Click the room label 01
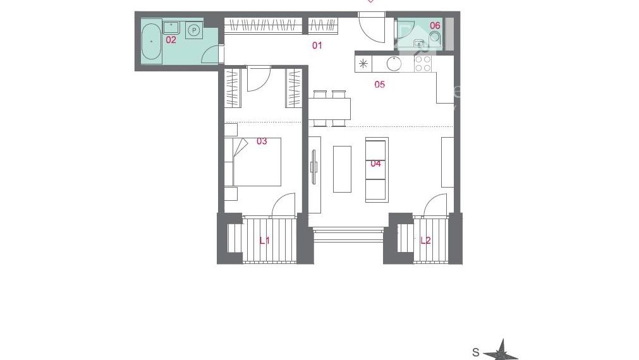click(x=317, y=45)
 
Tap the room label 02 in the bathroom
click(x=171, y=40)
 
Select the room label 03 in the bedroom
click(x=262, y=141)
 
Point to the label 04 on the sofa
click(x=375, y=164)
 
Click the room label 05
click(x=379, y=84)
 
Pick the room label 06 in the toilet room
click(x=435, y=25)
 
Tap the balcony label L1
click(x=264, y=240)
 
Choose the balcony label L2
click(x=425, y=240)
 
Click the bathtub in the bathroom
click(x=152, y=42)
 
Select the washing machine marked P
click(x=194, y=30)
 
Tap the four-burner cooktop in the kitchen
click(x=423, y=64)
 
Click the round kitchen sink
click(x=394, y=64)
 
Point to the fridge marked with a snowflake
click(x=363, y=64)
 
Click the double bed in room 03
click(x=257, y=162)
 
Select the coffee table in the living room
click(x=343, y=169)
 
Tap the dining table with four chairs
click(x=329, y=109)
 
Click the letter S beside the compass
click(x=475, y=352)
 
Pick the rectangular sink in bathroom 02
click(x=171, y=28)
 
